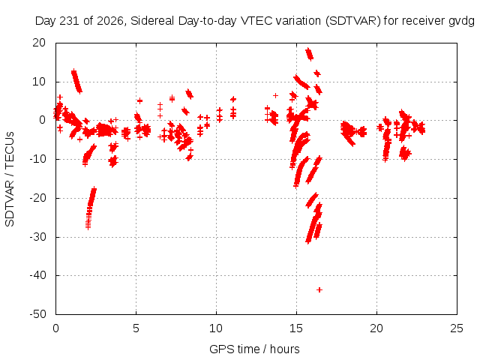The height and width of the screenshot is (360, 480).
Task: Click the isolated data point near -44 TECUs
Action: point(319,289)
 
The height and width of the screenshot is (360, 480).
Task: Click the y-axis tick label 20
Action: point(39,43)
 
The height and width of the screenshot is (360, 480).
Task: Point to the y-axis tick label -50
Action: point(37,314)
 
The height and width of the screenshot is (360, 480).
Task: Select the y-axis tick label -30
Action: point(37,237)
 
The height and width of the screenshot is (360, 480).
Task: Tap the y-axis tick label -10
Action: point(37,159)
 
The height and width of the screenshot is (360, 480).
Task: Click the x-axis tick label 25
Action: point(457,328)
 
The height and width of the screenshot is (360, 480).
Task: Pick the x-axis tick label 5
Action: point(136,328)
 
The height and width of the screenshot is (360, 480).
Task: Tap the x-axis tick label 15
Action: point(296,328)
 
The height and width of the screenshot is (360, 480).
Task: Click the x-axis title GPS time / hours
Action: point(254,349)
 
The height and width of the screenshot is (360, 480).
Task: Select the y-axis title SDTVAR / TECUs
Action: point(10,179)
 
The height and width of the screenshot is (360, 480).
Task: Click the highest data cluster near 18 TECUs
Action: point(309,54)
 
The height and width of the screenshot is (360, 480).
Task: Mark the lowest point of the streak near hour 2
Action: point(88,228)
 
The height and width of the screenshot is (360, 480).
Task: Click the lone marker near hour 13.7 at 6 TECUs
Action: point(275,95)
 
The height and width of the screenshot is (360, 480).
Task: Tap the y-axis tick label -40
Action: point(37,275)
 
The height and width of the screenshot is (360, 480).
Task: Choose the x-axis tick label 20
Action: point(376,328)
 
